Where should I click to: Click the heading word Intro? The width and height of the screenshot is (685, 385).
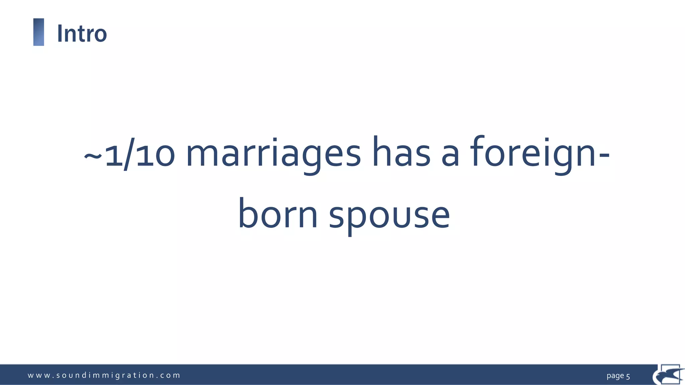(82, 33)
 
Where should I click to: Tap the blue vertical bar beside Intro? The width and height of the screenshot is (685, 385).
(39, 32)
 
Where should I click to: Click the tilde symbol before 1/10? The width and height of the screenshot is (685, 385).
(93, 156)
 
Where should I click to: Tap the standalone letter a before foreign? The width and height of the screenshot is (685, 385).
(450, 157)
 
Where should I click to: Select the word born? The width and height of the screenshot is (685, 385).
(278, 214)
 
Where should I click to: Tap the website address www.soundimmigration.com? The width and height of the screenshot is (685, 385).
(104, 375)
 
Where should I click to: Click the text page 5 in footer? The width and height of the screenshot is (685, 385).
(618, 376)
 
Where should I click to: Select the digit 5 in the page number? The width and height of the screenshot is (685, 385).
(628, 376)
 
